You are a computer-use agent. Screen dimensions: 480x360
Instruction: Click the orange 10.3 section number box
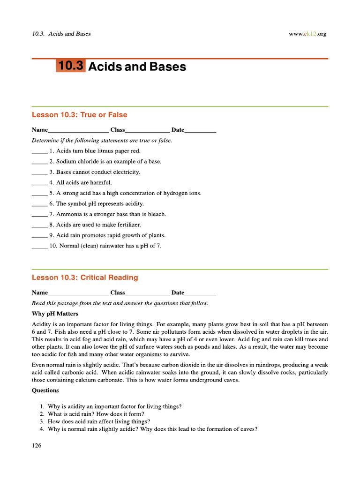[x=71, y=66]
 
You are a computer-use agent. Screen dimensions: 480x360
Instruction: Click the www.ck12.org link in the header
[x=308, y=34]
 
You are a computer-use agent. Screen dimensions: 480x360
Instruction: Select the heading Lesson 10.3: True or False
[x=79, y=115]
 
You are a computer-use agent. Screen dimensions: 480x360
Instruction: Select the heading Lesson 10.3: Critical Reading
[x=85, y=277]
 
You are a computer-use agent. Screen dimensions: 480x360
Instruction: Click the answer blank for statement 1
[x=39, y=151]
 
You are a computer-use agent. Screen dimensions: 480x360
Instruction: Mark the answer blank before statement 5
[x=39, y=194]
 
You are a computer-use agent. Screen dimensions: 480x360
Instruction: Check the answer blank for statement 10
[x=39, y=246]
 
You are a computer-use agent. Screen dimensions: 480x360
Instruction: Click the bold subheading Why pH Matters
[x=55, y=314]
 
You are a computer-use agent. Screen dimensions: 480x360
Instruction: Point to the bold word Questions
[x=45, y=390]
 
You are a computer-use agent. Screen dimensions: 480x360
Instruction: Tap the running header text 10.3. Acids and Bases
[x=61, y=34]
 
